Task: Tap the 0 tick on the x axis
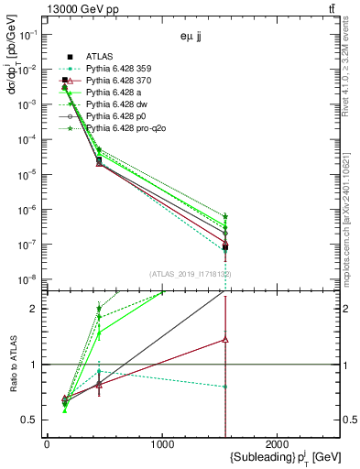47,444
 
